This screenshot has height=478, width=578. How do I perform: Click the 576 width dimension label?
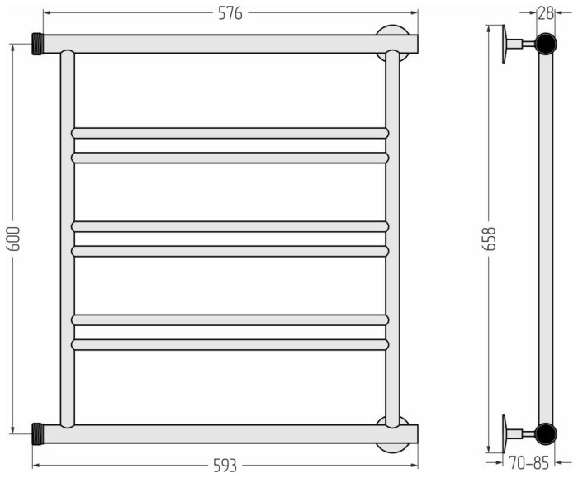(x=230, y=14)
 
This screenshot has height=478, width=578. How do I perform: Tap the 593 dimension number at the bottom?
(x=225, y=466)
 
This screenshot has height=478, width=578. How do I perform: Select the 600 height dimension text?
(x=14, y=239)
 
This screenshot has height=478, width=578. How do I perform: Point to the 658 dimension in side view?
(x=489, y=239)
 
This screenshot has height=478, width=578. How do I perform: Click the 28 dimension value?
(x=546, y=14)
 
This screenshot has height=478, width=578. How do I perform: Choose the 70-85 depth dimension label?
(x=529, y=463)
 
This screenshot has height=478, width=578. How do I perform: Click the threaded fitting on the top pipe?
(x=38, y=44)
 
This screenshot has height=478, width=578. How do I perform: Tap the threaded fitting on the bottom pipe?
(x=38, y=433)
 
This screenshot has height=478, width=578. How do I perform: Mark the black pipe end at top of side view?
(x=546, y=44)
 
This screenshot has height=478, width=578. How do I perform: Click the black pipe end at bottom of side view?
(x=546, y=433)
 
